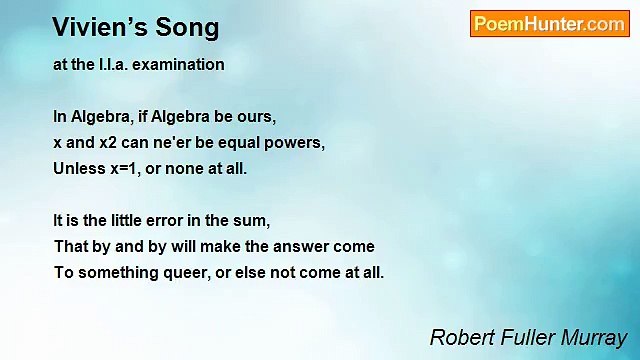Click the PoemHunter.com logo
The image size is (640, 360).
[x=549, y=24]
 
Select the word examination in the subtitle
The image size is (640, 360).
[x=182, y=65]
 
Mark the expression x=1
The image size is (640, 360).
[x=124, y=168]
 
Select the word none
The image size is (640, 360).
[x=186, y=168]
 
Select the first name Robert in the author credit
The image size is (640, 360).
[x=460, y=338]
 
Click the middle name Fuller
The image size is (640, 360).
[x=526, y=338]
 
